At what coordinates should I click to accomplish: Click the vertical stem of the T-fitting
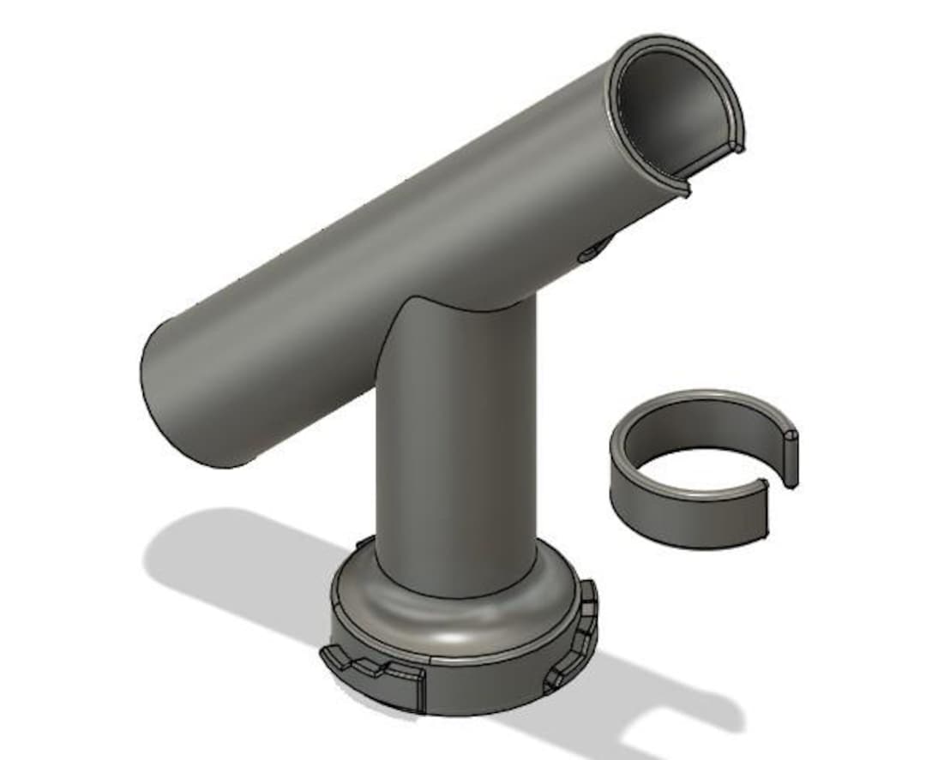point(454,463)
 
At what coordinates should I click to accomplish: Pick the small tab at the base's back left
point(364,543)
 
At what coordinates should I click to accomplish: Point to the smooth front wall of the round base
point(480,685)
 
